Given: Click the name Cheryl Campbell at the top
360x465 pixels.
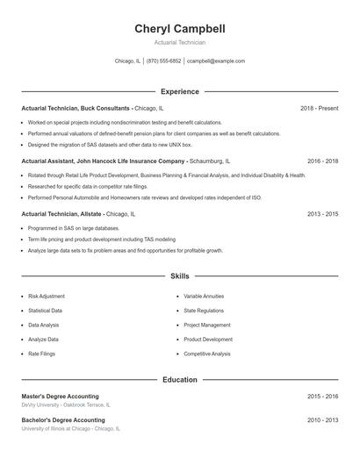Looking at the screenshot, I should coord(179,29).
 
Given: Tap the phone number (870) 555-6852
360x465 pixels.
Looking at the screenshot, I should coord(164,61).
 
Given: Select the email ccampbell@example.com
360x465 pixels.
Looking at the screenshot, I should coord(216,61).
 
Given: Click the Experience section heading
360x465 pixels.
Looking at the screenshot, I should coord(179,91).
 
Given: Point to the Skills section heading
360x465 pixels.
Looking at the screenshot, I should coord(179,275).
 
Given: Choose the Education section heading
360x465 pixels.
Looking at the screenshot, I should coord(179,380).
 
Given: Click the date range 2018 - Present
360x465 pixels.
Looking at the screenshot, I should coord(319,108).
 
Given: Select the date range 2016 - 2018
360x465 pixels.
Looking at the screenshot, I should coord(322,161).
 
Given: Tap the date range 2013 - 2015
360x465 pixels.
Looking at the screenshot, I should coord(322,214).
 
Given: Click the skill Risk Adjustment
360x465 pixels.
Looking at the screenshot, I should coord(46,297).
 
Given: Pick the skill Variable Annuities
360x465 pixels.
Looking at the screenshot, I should coord(204,297).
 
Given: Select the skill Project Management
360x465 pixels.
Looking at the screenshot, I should coord(207,325).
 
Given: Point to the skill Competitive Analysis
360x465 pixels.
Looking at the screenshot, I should coord(207,354).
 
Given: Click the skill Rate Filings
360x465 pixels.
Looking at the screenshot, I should coord(41,354).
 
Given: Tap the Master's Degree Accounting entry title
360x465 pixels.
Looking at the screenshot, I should coord(61,397).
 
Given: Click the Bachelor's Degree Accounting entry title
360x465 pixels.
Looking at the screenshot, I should coord(62,420).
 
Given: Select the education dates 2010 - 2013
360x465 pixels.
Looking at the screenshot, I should coord(322,420).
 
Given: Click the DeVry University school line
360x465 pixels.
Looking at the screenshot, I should coord(65,405).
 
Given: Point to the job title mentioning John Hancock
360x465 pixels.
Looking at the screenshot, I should coord(104,161).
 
